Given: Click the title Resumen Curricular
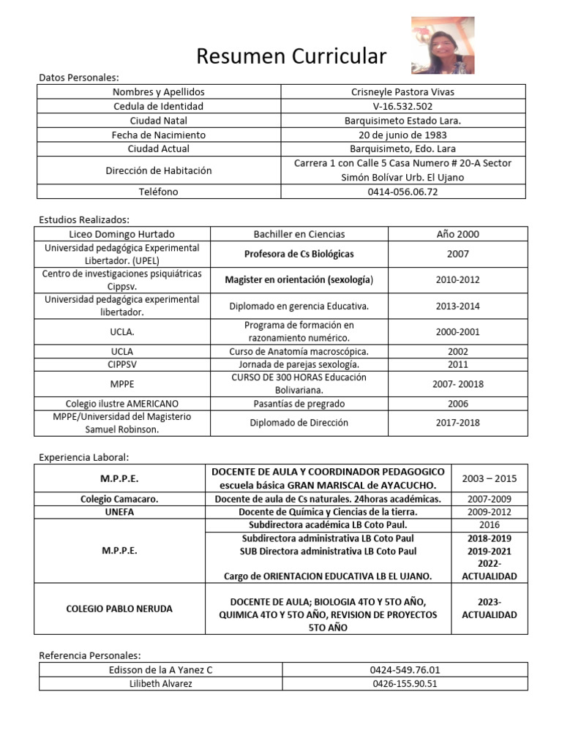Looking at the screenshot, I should tap(291, 56).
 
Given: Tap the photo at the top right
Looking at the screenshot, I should tap(443, 45).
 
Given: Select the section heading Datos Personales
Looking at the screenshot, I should tap(79, 77).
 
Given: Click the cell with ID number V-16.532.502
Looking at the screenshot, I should tap(403, 106).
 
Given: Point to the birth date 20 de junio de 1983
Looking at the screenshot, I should tap(403, 135).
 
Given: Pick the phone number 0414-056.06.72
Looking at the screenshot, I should tap(403, 192).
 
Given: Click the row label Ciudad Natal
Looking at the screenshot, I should tap(158, 121).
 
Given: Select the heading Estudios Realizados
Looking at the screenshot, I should tap(84, 219).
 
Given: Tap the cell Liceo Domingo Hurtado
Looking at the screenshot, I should tap(121, 234).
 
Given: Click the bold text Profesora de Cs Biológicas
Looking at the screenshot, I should tap(299, 254).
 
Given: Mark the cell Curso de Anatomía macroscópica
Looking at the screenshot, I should tap(299, 351).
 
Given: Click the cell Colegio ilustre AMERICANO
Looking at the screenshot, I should tap(121, 403).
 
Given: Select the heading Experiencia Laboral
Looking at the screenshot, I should tap(83, 457).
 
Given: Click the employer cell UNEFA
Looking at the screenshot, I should tap(119, 512).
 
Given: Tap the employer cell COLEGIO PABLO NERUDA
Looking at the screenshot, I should tap(119, 609).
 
